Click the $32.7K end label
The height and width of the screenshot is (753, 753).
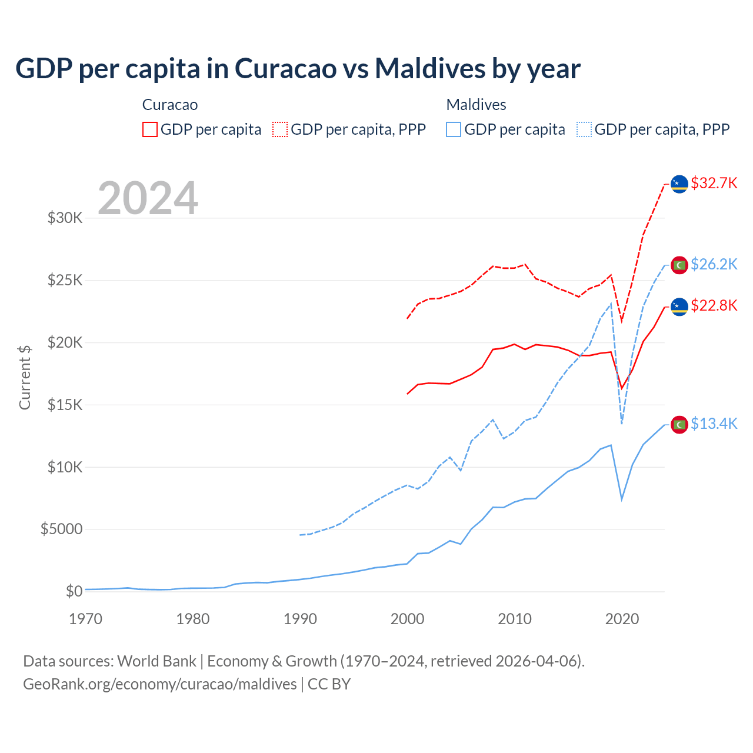(714, 183)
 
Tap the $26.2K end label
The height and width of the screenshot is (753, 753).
(714, 264)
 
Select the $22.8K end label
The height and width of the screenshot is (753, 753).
(714, 305)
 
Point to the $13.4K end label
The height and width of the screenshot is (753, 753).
(714, 424)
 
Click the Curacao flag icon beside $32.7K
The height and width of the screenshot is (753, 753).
(679, 184)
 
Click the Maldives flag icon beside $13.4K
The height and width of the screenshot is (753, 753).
(679, 424)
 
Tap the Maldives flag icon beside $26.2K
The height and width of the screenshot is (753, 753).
(679, 265)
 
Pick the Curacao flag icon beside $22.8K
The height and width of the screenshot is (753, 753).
(679, 306)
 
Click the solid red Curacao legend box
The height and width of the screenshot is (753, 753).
(150, 129)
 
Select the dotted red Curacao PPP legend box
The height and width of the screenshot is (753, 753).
(280, 129)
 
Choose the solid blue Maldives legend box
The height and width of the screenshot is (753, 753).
(454, 129)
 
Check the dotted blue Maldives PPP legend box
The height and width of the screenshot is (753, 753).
(584, 129)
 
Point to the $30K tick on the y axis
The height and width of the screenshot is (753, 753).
(65, 218)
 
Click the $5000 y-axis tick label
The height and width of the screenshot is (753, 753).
(61, 529)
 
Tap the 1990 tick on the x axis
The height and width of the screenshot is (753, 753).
(300, 619)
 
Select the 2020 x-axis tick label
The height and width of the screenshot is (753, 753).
(622, 619)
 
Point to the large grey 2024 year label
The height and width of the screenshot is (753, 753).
(148, 198)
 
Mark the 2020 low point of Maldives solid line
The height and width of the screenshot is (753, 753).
(622, 499)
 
